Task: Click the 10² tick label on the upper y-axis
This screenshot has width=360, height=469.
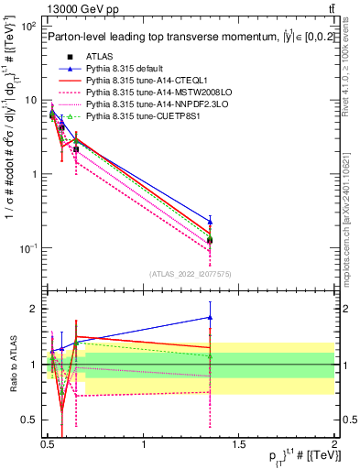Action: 28,27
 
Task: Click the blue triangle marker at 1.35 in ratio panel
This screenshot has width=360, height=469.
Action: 211,318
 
